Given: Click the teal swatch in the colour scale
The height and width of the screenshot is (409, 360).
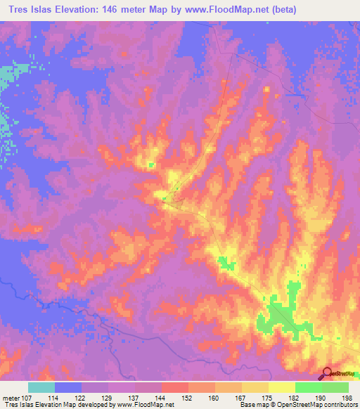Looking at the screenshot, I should coord(41,387).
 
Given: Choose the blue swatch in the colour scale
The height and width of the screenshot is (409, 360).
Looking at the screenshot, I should coord(68,387).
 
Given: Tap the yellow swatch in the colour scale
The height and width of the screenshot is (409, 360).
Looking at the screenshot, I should coord(282,387).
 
